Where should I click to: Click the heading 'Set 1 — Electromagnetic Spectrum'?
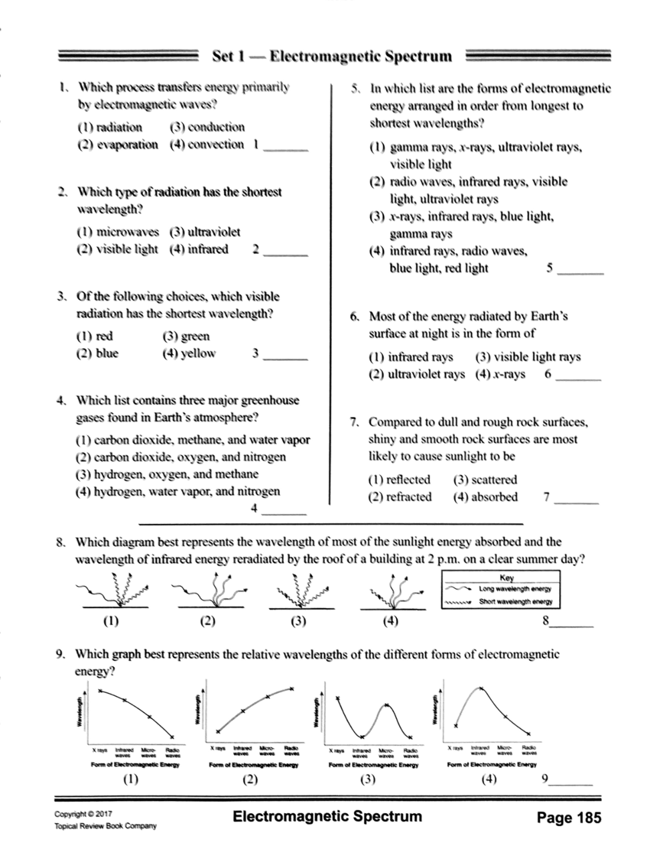pos(331,56)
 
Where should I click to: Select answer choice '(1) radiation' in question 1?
pos(110,128)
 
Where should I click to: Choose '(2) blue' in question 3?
pos(98,354)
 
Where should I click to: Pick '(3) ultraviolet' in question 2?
pos(204,233)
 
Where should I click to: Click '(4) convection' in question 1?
pos(206,144)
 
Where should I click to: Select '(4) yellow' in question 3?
pos(189,354)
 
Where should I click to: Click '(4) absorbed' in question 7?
pos(485,497)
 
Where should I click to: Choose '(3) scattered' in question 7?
pos(485,480)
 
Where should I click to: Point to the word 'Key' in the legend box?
pos(506,578)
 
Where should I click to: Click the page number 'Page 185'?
pos(568,817)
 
